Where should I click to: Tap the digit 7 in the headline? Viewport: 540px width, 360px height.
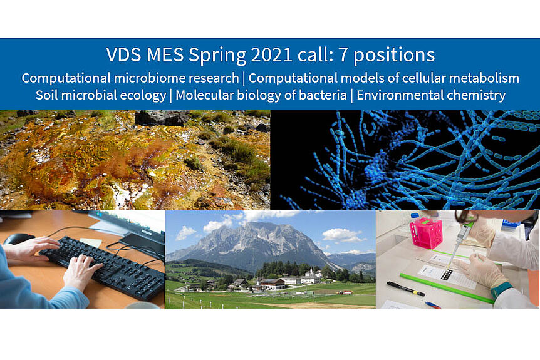[343, 54]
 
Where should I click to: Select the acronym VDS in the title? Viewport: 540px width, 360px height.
[123, 55]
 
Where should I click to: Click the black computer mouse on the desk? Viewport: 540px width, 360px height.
[19, 239]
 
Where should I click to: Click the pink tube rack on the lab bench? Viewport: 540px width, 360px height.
[426, 232]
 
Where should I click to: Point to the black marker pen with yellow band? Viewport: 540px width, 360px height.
[406, 289]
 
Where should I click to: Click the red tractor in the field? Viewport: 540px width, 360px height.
[345, 292]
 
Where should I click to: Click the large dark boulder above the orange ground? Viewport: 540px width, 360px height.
[162, 118]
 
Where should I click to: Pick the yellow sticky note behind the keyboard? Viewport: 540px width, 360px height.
[91, 242]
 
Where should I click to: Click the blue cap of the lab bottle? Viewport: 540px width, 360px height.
[415, 215]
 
